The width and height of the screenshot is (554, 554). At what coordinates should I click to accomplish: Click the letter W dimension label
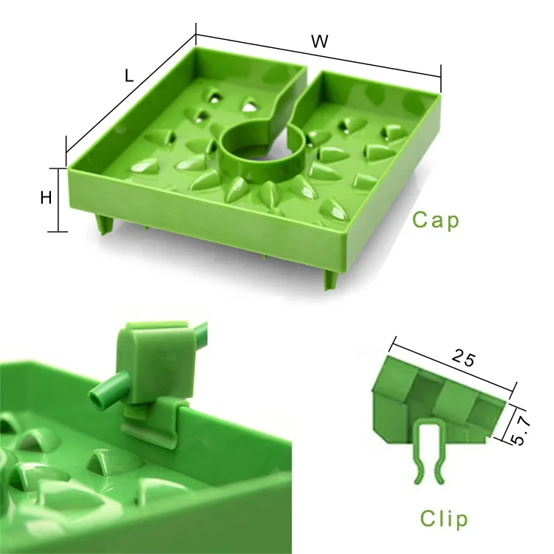click(319, 41)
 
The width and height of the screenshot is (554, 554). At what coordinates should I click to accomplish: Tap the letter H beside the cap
click(46, 197)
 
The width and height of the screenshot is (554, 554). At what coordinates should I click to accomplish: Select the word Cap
click(436, 220)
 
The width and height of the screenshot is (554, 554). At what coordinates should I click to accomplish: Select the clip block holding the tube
click(151, 362)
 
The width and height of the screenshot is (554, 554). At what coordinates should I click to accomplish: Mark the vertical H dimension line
click(58, 198)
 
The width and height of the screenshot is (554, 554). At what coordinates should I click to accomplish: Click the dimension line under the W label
click(318, 53)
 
